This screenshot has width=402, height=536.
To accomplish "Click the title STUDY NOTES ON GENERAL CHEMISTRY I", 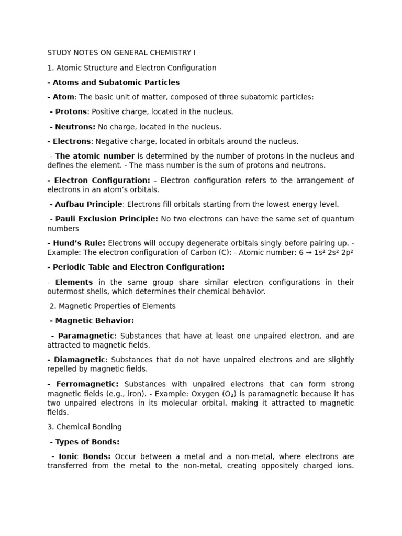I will point(121,53).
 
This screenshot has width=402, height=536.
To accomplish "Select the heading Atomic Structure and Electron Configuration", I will point(136,68).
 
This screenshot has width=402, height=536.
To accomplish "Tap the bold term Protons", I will point(70,111).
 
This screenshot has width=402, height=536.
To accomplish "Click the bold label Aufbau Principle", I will point(88,204).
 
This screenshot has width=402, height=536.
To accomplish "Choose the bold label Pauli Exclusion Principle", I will point(107,219).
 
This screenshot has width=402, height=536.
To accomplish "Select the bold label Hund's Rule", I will point(79,243).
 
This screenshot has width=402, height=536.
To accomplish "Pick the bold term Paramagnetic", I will point(85,336).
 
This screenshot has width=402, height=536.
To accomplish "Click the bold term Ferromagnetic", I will point(85,384).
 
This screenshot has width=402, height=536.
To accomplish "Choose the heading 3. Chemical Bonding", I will point(84,427).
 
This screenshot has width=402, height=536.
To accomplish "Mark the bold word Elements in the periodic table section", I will point(74,282).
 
